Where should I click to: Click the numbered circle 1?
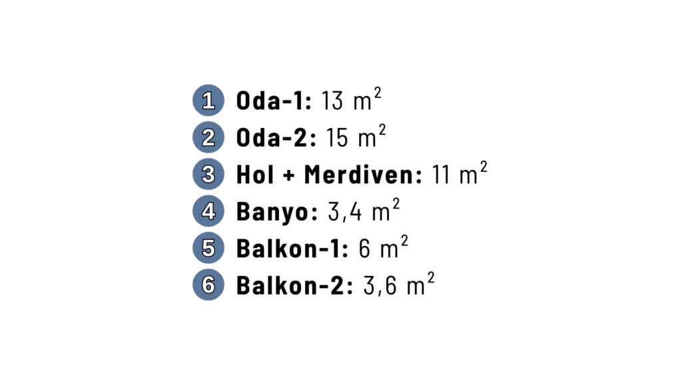208,101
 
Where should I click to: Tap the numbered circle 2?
208,138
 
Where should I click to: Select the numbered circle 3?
208,175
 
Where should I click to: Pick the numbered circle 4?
208,212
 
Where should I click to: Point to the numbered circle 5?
208,249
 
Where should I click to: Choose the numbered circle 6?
208,285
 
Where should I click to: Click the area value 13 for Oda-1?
332,102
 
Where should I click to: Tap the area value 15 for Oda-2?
337,139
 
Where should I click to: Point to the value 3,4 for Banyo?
345,213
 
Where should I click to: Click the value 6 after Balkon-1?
364,250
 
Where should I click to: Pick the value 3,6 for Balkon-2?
380,287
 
